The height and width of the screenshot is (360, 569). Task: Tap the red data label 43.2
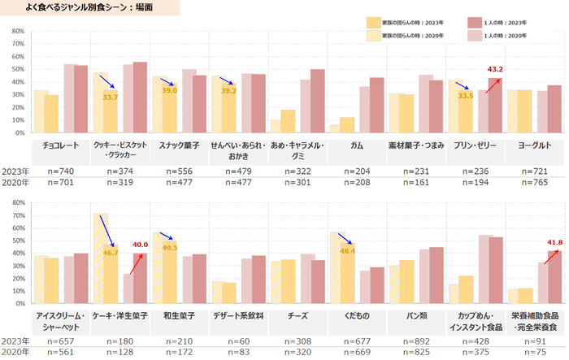coord(495,69)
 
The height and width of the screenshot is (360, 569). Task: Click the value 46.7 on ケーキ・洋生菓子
coord(111,254)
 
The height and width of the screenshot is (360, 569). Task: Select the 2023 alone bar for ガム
coord(376,105)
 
